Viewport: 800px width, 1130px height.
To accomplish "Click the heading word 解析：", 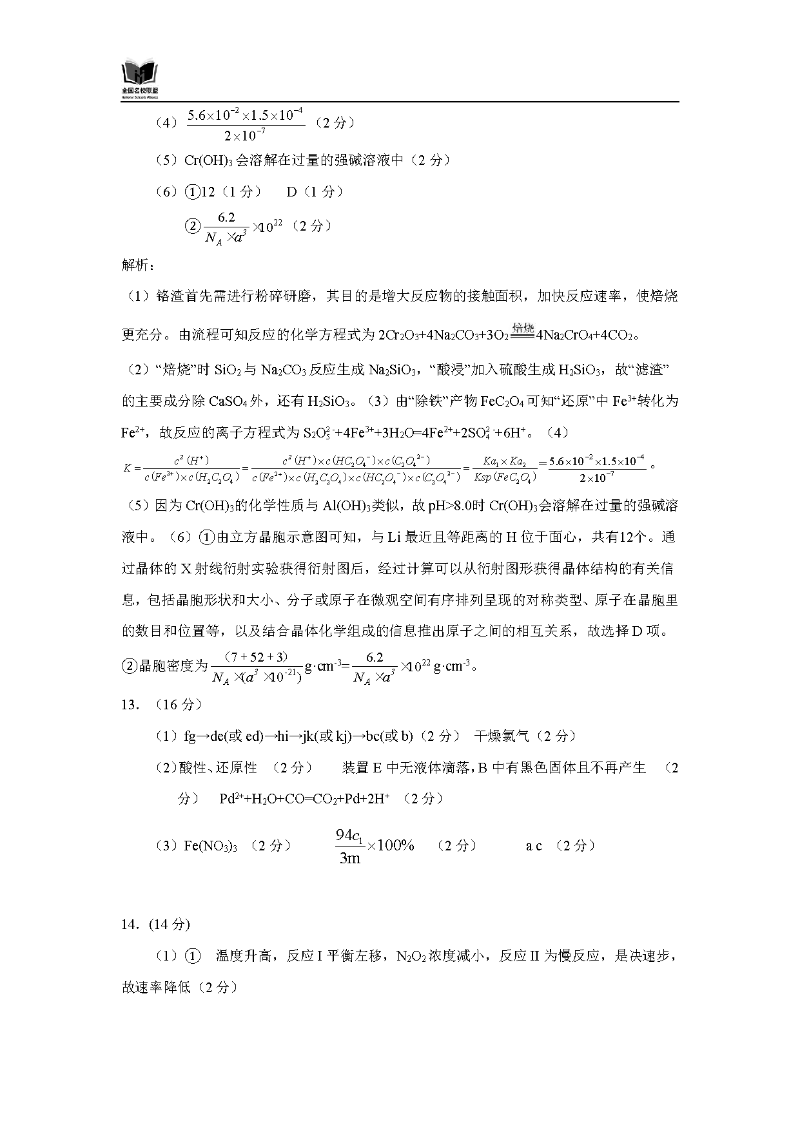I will click(x=138, y=265).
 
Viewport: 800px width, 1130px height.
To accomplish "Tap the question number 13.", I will click(x=130, y=704).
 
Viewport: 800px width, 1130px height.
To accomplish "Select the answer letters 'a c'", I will click(x=534, y=846).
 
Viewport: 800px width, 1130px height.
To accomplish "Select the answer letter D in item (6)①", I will click(x=291, y=191).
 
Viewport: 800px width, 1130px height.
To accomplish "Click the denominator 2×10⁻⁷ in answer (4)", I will click(x=245, y=135).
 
